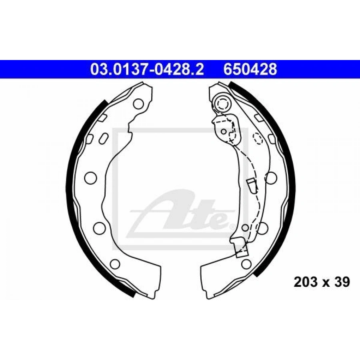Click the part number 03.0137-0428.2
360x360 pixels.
click(x=147, y=69)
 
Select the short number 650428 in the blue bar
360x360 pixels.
click(x=250, y=69)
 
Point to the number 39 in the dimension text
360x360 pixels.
click(x=342, y=282)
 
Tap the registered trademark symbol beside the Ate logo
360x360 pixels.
click(x=232, y=227)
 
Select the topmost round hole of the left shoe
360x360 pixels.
click(x=138, y=104)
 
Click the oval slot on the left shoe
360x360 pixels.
click(x=104, y=139)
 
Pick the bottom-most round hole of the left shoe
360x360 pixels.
click(x=115, y=264)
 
